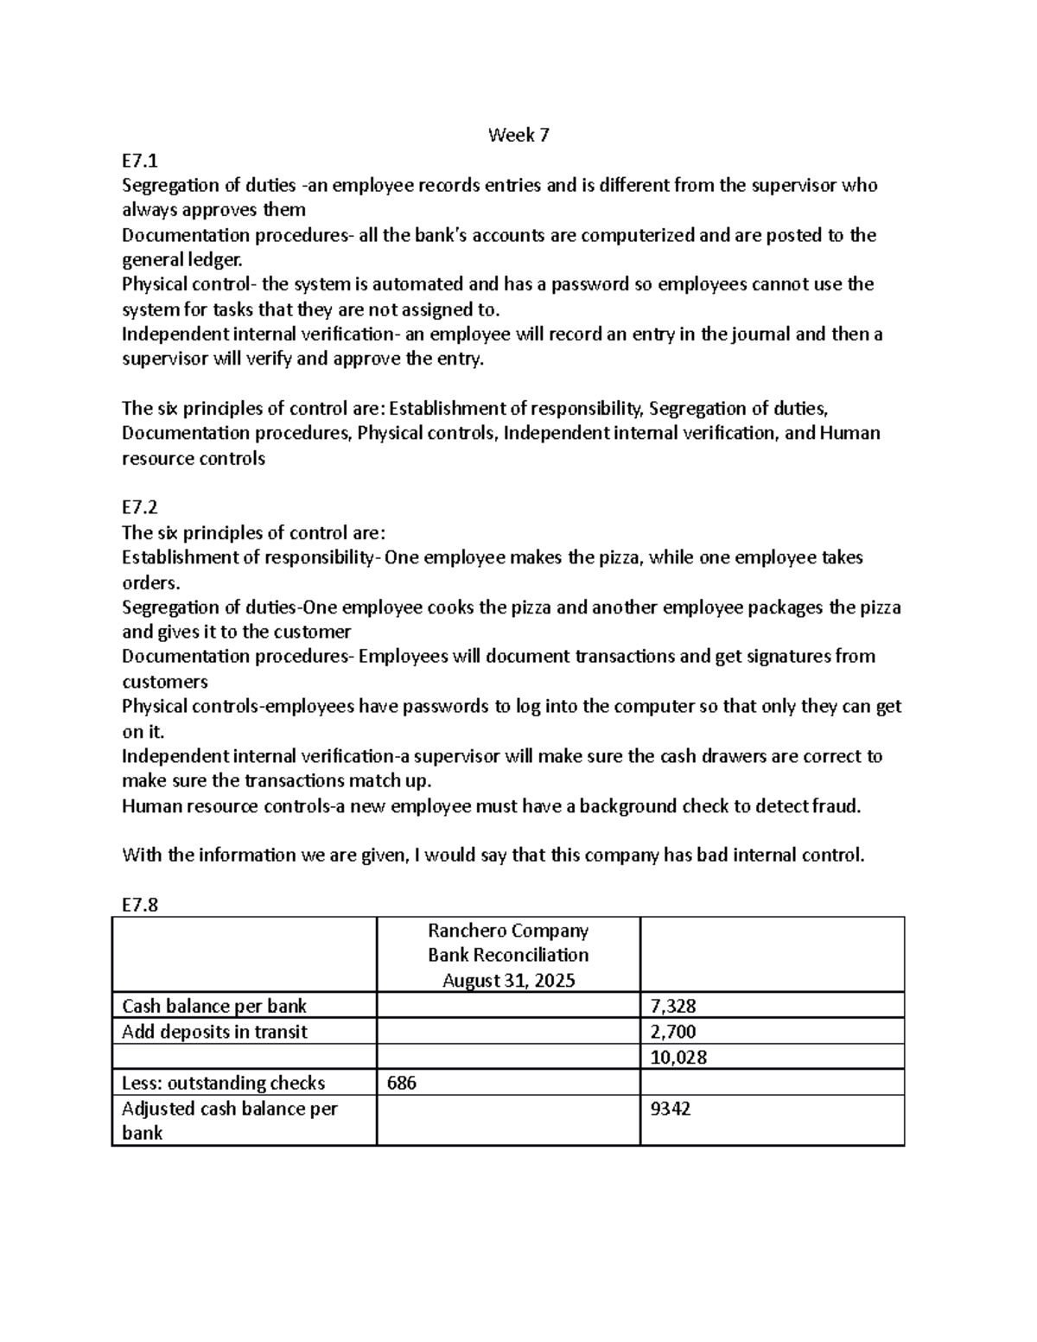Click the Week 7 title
pyautogui.click(x=518, y=135)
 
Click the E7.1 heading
pyautogui.click(x=140, y=160)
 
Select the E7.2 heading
pyautogui.click(x=140, y=507)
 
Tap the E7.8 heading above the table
pyautogui.click(x=140, y=905)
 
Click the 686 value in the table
pyautogui.click(x=402, y=1083)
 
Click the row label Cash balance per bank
pyautogui.click(x=214, y=1006)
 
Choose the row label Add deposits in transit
pyautogui.click(x=214, y=1032)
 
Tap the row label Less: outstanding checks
pyautogui.click(x=224, y=1083)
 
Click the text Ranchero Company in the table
pyautogui.click(x=508, y=931)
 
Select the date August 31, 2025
pyautogui.click(x=508, y=981)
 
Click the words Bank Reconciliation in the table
pyautogui.click(x=508, y=956)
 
